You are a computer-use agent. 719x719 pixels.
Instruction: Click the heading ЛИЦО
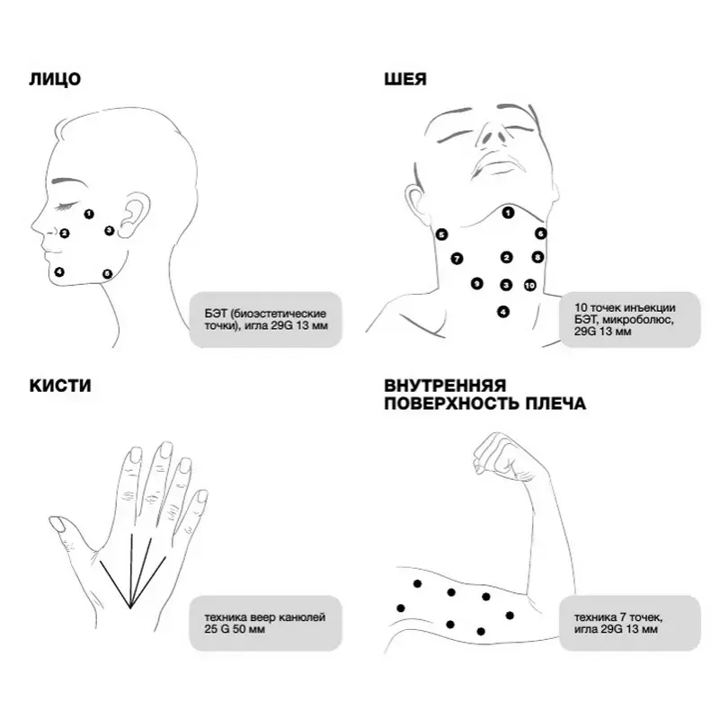[55, 79]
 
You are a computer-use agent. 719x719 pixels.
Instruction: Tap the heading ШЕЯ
[405, 79]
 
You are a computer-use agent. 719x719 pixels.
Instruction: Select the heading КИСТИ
[60, 386]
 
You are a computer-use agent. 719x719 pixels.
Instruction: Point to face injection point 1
[89, 214]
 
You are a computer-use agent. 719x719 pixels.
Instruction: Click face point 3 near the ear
[109, 230]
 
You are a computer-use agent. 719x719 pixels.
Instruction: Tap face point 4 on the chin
[59, 272]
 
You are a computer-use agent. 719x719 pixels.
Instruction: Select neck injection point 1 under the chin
[508, 213]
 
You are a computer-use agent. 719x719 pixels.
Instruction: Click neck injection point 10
[529, 285]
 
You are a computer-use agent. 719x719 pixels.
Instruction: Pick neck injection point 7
[457, 259]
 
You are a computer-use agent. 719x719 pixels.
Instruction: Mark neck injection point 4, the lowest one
[503, 312]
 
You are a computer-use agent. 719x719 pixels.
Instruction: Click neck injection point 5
[441, 235]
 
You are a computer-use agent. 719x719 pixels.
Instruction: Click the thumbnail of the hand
[58, 524]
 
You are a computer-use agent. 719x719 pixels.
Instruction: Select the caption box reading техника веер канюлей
[265, 623]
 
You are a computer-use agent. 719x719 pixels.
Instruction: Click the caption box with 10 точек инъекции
[630, 320]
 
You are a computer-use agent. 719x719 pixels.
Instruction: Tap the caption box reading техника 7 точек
[630, 623]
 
